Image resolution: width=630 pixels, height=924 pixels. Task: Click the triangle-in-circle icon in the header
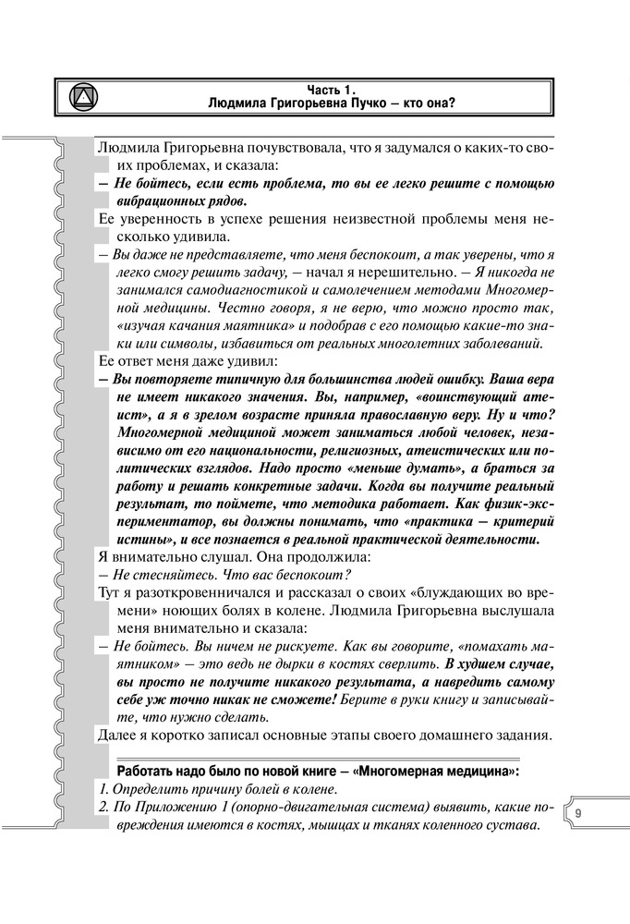[x=84, y=94]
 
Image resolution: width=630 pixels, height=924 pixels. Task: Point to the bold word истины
[x=150, y=540]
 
